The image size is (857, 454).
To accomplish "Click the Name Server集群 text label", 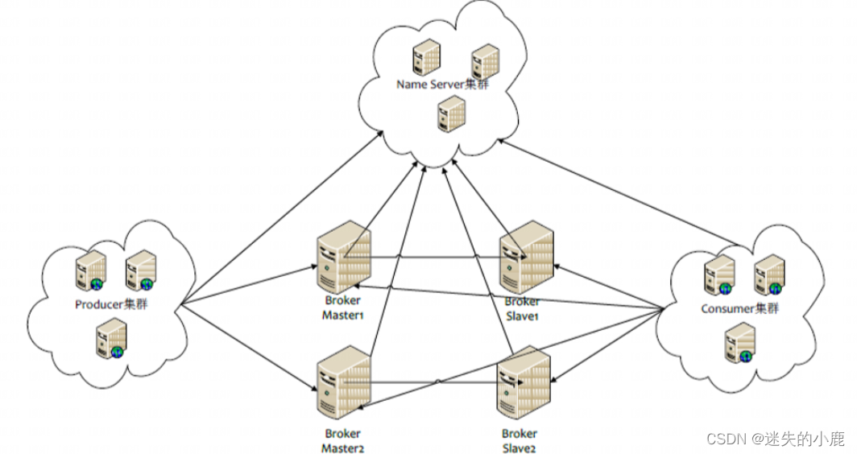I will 442,85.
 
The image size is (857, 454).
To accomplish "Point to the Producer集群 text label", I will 111,304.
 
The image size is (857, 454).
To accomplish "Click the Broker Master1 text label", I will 343,307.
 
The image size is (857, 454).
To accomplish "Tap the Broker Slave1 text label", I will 521,309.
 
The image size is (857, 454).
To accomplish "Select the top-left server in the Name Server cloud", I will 426,59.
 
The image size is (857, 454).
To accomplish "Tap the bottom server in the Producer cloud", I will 112,337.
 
